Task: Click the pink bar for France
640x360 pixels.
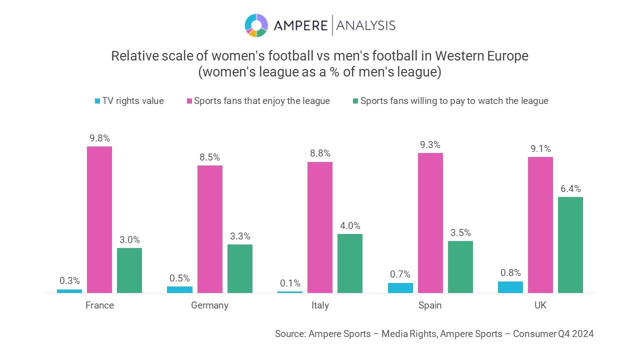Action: coord(99,219)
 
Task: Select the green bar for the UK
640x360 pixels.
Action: coord(570,245)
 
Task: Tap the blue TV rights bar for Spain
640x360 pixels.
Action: coord(400,288)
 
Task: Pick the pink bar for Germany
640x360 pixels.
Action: coord(209,229)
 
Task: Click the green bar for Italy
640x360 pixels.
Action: coord(350,263)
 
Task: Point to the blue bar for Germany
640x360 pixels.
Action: coord(179,289)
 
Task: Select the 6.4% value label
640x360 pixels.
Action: coord(570,189)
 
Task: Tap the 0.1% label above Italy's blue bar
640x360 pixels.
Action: coord(290,283)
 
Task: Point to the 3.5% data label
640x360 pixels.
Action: coord(460,233)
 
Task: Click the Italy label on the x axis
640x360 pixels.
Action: coord(320,305)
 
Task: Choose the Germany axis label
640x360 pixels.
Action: coord(209,305)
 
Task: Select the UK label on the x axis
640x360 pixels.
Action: coord(540,305)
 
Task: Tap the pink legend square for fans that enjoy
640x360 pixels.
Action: coord(189,101)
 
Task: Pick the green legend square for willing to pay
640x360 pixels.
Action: coord(355,101)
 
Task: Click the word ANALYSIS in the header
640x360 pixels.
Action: coord(365,25)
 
